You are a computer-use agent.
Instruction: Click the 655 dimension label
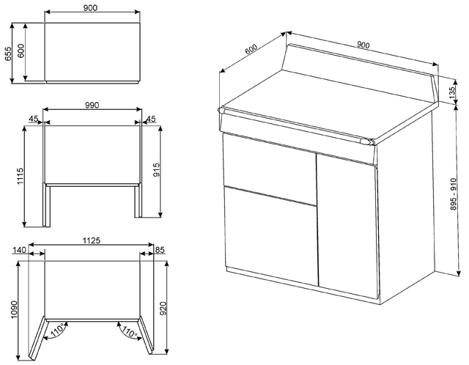(8, 54)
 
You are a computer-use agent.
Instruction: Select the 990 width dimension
(92, 106)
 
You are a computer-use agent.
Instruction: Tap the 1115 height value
(20, 176)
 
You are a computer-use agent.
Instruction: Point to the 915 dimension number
(156, 170)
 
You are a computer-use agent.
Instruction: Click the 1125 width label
(91, 240)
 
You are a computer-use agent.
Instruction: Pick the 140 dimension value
(20, 249)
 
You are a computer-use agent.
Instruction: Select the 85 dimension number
(160, 249)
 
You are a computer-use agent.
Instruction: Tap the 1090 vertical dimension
(15, 309)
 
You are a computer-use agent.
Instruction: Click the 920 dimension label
(163, 309)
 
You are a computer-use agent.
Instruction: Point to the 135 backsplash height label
(454, 91)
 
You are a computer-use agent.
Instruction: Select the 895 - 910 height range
(454, 194)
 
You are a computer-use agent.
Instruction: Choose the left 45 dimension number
(34, 119)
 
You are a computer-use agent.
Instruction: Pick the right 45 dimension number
(151, 119)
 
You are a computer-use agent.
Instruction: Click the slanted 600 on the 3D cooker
(251, 49)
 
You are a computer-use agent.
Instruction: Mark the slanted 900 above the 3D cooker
(363, 45)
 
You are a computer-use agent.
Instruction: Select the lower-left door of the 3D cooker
(270, 236)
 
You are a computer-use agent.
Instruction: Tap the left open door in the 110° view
(38, 337)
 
